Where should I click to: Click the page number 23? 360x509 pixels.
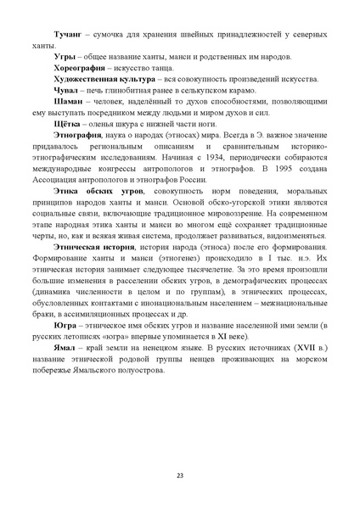point(180,473)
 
